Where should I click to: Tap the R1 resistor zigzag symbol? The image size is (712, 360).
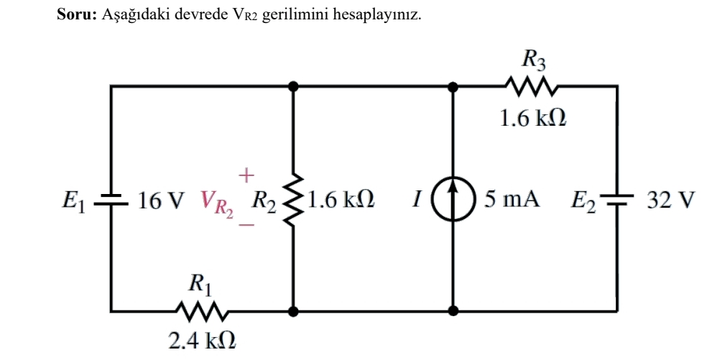[x=202, y=311]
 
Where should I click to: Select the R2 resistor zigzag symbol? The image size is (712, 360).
[x=293, y=200]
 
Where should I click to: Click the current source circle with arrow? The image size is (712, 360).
[x=453, y=199]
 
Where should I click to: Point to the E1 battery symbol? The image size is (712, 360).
[x=111, y=200]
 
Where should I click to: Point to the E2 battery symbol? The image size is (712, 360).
[x=616, y=199]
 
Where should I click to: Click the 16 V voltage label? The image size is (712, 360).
[x=161, y=200]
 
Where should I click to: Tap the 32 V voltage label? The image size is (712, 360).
[x=670, y=200]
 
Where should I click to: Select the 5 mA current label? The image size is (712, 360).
[x=512, y=199]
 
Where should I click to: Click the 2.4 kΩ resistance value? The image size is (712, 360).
[x=202, y=341]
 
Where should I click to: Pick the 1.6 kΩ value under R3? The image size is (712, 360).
[x=532, y=119]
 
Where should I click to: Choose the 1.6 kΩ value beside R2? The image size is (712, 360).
[x=341, y=199]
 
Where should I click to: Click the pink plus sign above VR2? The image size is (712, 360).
[x=246, y=175]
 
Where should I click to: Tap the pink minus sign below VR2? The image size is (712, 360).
[x=246, y=224]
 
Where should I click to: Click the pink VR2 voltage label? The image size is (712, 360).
[x=216, y=203]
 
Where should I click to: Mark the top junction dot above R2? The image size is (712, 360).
[x=293, y=86]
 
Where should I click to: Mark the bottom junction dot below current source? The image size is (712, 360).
[x=453, y=311]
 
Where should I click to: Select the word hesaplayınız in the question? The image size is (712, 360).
[x=377, y=15]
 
